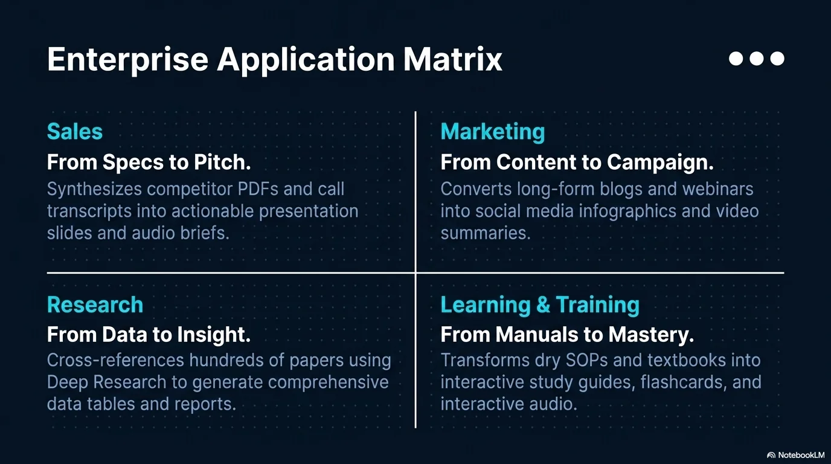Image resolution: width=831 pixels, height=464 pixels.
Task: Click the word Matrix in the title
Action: [x=452, y=59]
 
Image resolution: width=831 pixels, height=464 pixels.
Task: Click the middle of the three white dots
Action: [x=757, y=58]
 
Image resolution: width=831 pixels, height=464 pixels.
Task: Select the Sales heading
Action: [x=74, y=131]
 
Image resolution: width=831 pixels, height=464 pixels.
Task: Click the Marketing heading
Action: [x=493, y=132]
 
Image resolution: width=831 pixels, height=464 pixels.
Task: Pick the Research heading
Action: [x=95, y=304]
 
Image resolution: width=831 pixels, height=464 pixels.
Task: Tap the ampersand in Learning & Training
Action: [x=543, y=304]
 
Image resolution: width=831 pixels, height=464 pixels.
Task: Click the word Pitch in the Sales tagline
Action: [x=222, y=162]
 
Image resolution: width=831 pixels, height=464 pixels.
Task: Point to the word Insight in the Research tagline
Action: [x=214, y=335]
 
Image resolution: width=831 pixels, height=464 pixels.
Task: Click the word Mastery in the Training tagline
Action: [x=650, y=335]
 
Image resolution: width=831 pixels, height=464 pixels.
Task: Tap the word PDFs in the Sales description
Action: [x=258, y=189]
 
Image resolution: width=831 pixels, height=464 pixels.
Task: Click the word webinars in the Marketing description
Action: [x=718, y=189]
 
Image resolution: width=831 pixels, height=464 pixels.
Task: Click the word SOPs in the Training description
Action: [x=587, y=360]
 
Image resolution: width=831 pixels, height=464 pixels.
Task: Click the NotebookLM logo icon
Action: [x=771, y=455]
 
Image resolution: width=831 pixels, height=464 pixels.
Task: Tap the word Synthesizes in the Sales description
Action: [x=94, y=190]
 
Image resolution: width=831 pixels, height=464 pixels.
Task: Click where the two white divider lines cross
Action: [x=415, y=273]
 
